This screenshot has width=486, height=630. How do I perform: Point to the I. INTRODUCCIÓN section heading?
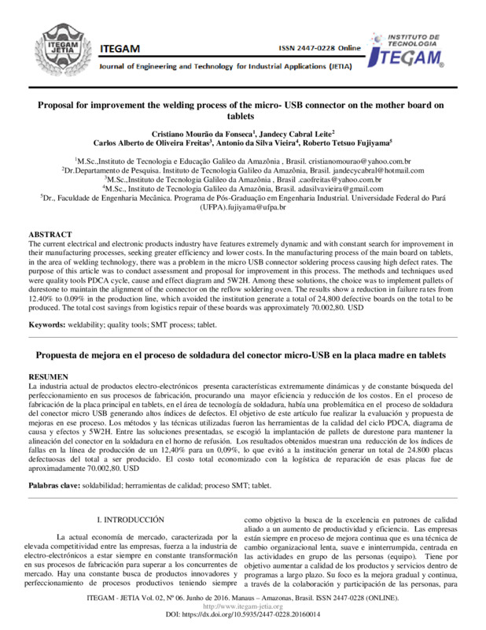click(129, 520)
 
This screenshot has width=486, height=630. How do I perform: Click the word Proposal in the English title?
click(61, 104)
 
